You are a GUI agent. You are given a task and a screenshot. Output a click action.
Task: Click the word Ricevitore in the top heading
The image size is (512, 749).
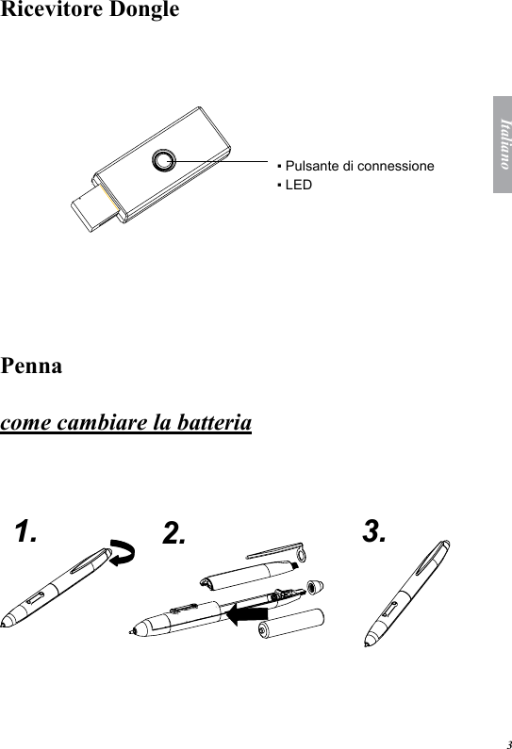50,11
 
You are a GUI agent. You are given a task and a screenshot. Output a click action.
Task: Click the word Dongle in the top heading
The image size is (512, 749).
140,12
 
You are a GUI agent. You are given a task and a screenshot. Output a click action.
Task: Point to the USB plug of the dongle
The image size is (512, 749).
97,206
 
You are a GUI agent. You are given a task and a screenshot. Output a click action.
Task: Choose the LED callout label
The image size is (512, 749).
297,184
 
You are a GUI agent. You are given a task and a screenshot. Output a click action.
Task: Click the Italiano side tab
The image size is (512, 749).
502,144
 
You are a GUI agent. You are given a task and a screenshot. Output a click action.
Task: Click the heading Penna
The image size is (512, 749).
32,366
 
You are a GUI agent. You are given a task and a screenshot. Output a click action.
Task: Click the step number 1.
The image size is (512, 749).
27,532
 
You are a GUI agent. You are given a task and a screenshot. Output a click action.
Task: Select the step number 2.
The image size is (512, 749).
173,534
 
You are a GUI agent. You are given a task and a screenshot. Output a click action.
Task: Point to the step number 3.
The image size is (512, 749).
374,532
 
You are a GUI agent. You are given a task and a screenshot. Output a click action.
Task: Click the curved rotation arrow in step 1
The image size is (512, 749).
124,555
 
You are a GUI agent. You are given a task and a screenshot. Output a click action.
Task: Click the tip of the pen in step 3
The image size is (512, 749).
369,644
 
